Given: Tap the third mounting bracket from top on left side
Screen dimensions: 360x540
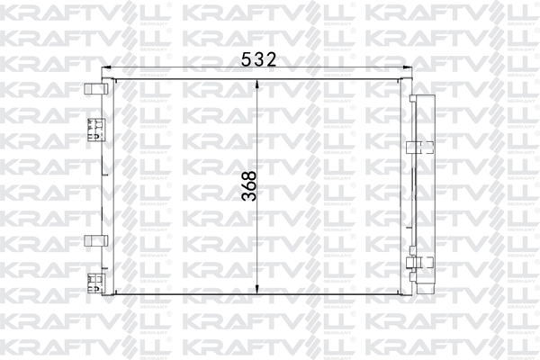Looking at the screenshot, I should [94, 240].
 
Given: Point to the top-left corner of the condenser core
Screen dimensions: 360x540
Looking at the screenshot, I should [113, 79].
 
